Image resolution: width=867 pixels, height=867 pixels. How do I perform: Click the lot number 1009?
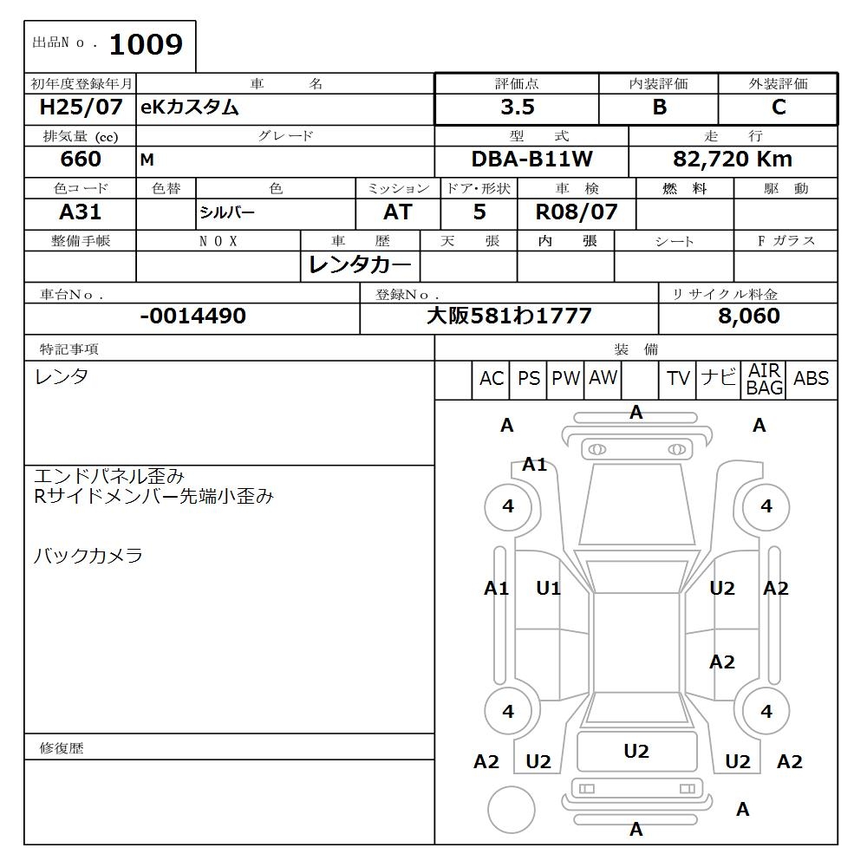pos(147,45)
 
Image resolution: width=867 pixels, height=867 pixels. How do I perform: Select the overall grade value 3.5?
pos(518,108)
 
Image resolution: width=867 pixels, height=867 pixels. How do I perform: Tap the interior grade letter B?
pos(660,108)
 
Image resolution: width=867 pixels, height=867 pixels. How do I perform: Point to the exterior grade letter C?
pos(779,108)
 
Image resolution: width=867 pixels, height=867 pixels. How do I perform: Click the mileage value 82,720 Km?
pos(733,160)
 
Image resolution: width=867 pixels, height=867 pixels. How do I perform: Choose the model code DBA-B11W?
pos(531,160)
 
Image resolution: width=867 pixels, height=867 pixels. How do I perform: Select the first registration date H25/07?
pos(81,108)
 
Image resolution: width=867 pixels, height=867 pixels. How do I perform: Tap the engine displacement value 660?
pos(81,160)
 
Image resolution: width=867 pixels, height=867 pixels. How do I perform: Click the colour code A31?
pos(81,212)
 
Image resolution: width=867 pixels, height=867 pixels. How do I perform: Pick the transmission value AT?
pos(398,212)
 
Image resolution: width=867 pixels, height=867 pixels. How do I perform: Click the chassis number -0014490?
pos(192,316)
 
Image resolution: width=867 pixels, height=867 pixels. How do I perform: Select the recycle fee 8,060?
pos(748,316)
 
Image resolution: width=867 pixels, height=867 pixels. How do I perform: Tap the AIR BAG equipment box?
pos(765,380)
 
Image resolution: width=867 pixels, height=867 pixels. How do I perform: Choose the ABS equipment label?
pos(812,379)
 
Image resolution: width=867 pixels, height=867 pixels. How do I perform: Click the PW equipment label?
pos(566,379)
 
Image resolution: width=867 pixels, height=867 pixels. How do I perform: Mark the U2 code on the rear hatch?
pos(636,752)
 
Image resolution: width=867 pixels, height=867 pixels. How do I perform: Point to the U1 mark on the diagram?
pos(548,589)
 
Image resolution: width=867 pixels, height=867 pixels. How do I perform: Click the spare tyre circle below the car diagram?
pos(511,810)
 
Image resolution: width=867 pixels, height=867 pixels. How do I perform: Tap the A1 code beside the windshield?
pos(535,465)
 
